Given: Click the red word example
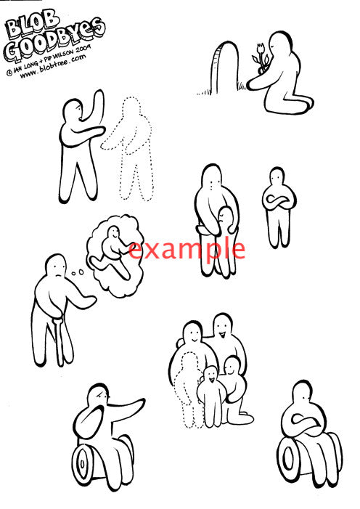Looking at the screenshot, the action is click(187, 249).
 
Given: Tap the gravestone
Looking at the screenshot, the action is click(225, 68).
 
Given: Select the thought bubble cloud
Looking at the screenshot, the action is click(115, 256).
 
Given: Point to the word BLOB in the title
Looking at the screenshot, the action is click(31, 24).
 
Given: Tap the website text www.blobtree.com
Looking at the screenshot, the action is click(53, 67).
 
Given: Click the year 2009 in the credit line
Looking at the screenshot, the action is click(83, 49).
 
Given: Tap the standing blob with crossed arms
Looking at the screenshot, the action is click(279, 206).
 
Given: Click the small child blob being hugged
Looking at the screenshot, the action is click(227, 240).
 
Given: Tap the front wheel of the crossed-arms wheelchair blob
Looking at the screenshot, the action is click(288, 456).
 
